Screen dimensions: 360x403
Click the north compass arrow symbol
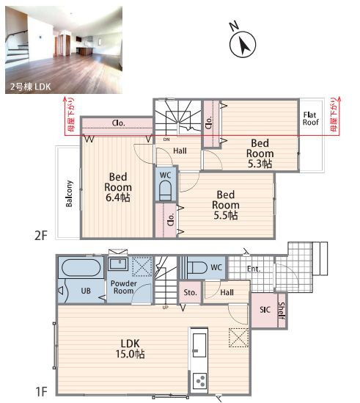coord(243,44)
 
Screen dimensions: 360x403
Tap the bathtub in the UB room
coord(81,267)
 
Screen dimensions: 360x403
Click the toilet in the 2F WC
coord(165,190)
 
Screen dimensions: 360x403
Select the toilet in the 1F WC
coord(197,267)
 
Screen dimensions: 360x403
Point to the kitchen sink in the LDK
coord(199,345)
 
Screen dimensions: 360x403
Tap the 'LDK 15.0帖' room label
coord(130,349)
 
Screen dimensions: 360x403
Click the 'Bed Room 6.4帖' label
coord(118,187)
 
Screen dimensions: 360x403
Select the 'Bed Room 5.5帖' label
coord(225,205)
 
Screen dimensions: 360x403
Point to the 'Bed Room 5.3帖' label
coord(260,153)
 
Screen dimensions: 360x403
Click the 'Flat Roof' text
coord(310,118)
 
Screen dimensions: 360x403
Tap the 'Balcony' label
coord(69,194)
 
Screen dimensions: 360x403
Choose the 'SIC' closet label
coord(265,310)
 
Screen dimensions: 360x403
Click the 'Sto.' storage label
coord(191,292)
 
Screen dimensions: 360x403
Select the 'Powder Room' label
coord(123,287)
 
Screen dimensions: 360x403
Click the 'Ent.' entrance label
coord(254,269)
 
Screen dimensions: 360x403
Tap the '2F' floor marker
coord(41,235)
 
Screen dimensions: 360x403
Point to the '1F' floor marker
coord(41,392)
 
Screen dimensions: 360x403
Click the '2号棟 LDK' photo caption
coord(30,87)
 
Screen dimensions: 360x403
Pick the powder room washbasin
coord(118,264)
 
